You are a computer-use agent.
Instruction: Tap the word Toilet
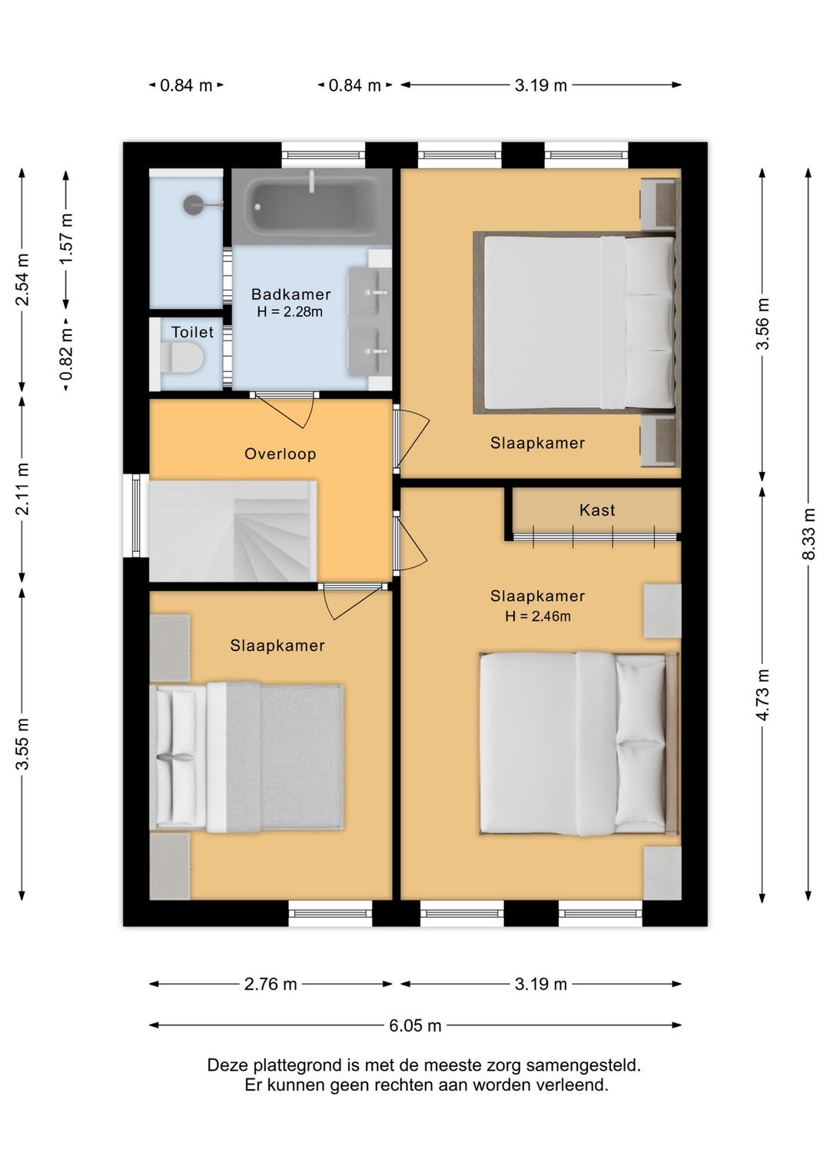tap(192, 332)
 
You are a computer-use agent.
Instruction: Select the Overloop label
tap(281, 454)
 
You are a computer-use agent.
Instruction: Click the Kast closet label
tap(597, 510)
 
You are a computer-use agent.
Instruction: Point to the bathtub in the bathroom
tap(313, 207)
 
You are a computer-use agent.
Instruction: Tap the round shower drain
tap(193, 204)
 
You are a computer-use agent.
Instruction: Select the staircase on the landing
tap(233, 530)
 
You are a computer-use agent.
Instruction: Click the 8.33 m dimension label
tap(809, 534)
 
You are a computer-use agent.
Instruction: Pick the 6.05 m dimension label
tap(415, 1040)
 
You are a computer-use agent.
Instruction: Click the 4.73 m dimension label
tap(763, 695)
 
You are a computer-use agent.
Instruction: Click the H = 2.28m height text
tap(290, 311)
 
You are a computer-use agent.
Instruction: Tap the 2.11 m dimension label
tap(23, 489)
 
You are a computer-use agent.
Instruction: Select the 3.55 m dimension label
tap(23, 744)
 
